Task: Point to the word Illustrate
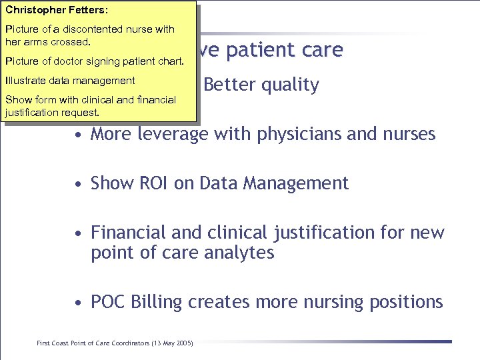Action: [25, 81]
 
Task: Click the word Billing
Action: [157, 302]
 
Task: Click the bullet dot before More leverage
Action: [79, 135]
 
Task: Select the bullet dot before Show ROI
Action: [79, 183]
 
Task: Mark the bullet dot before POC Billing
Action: [79, 303]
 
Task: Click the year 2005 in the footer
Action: [182, 343]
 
